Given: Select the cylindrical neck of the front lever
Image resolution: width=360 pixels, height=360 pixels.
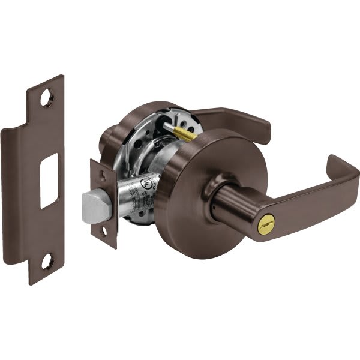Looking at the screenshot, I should (x=231, y=207).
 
